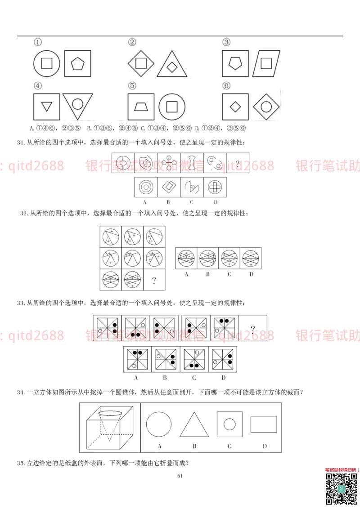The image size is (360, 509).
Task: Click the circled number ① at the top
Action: pos(38,42)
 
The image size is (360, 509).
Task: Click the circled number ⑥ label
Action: pos(226,85)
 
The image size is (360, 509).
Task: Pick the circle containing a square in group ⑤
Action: pos(171,107)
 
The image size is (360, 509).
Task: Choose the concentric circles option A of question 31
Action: pos(146,186)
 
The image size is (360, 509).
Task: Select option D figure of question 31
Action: pos(214,186)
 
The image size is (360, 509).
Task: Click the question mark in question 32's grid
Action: pos(154,280)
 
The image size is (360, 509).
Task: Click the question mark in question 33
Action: pos(252,329)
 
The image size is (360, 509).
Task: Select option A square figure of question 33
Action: pos(136,359)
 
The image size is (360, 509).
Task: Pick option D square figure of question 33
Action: pos(223,359)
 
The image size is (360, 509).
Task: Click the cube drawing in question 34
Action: pos(109,428)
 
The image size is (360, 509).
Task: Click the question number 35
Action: pos(21,463)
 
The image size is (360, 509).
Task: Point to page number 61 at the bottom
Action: pos(180,476)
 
